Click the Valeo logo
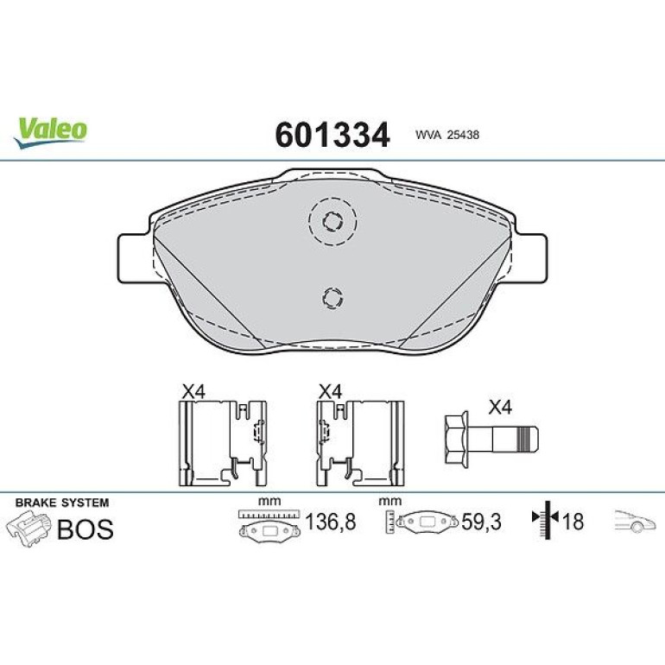point(50,132)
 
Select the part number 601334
point(332,135)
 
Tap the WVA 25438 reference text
point(447,135)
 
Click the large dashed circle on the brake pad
point(332,221)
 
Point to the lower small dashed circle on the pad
point(332,297)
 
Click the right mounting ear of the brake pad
point(530,257)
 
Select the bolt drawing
point(491,440)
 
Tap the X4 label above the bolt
point(500,408)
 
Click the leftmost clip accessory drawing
point(223,443)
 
